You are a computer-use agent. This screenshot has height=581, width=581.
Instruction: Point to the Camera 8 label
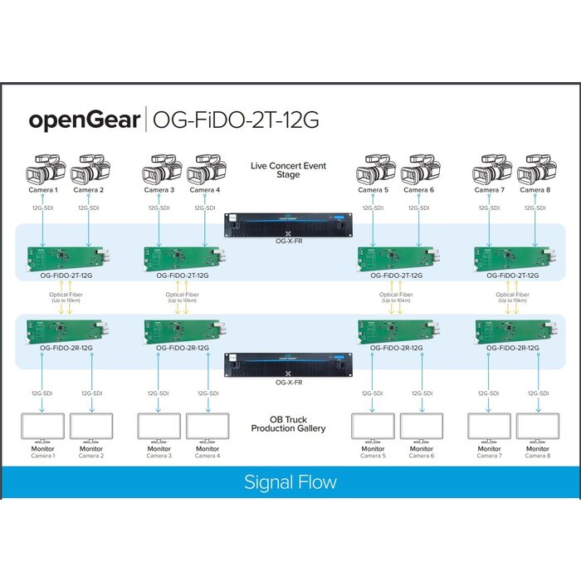click(536, 190)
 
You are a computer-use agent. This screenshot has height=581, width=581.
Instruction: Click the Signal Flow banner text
click(290, 482)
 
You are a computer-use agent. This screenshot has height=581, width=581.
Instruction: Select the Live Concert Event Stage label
click(288, 170)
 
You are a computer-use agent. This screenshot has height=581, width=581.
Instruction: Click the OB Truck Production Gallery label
click(288, 424)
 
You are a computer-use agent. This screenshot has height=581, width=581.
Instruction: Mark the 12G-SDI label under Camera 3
click(159, 208)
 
